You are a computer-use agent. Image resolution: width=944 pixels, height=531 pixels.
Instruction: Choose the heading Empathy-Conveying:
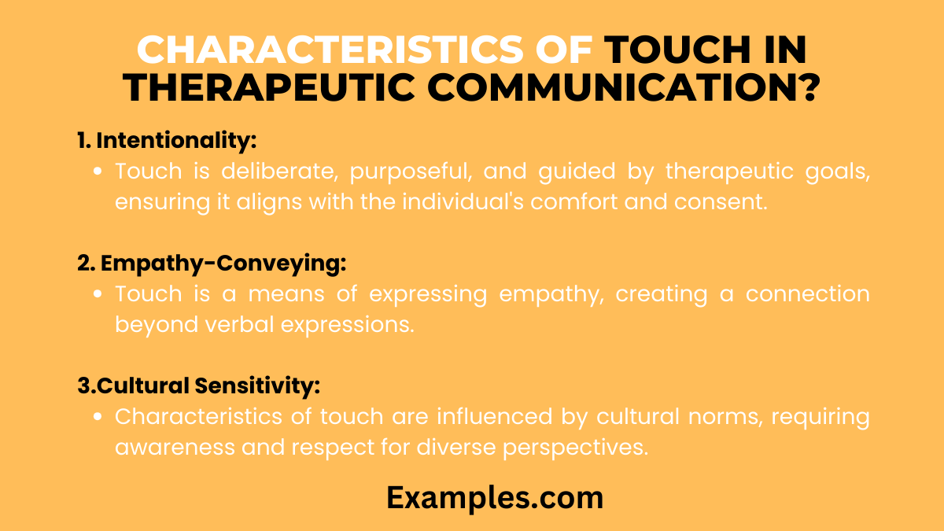pyautogui.click(x=223, y=265)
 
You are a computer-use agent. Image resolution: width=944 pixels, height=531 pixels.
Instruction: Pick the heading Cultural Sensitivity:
pyautogui.click(x=208, y=387)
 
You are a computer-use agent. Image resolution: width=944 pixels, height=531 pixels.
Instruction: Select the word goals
pyautogui.click(x=838, y=171)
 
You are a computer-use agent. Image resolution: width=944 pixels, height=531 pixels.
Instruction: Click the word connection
pyautogui.click(x=808, y=294)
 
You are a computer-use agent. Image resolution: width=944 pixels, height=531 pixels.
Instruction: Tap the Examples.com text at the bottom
pyautogui.click(x=495, y=498)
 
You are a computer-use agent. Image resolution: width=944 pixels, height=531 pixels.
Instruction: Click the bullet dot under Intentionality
pyautogui.click(x=98, y=172)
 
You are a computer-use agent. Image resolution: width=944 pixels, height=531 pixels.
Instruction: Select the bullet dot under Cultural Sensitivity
pyautogui.click(x=98, y=417)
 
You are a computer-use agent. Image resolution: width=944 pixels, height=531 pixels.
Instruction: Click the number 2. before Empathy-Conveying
pyautogui.click(x=86, y=265)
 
